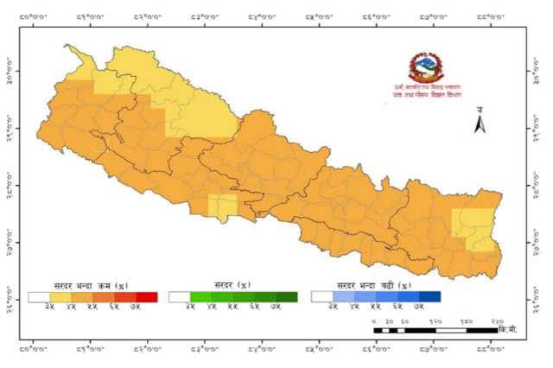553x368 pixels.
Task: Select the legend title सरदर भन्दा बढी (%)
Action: [374, 284]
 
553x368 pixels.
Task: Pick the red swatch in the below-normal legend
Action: [147, 296]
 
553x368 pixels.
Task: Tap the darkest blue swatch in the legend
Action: [429, 296]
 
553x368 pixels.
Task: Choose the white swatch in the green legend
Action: [179, 296]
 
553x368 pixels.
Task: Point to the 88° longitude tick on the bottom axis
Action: [491, 349]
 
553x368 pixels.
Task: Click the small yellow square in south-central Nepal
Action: [222, 207]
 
